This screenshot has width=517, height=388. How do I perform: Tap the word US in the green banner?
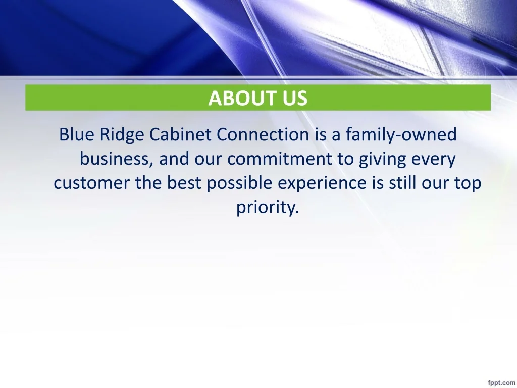click(x=295, y=98)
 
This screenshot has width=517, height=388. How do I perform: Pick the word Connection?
click(x=263, y=134)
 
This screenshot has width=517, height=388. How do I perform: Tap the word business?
click(x=117, y=159)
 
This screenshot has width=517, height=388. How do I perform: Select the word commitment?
click(x=280, y=159)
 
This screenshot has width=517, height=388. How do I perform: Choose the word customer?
click(x=91, y=183)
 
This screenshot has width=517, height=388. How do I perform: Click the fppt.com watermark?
click(x=501, y=383)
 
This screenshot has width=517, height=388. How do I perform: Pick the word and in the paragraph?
click(x=174, y=159)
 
